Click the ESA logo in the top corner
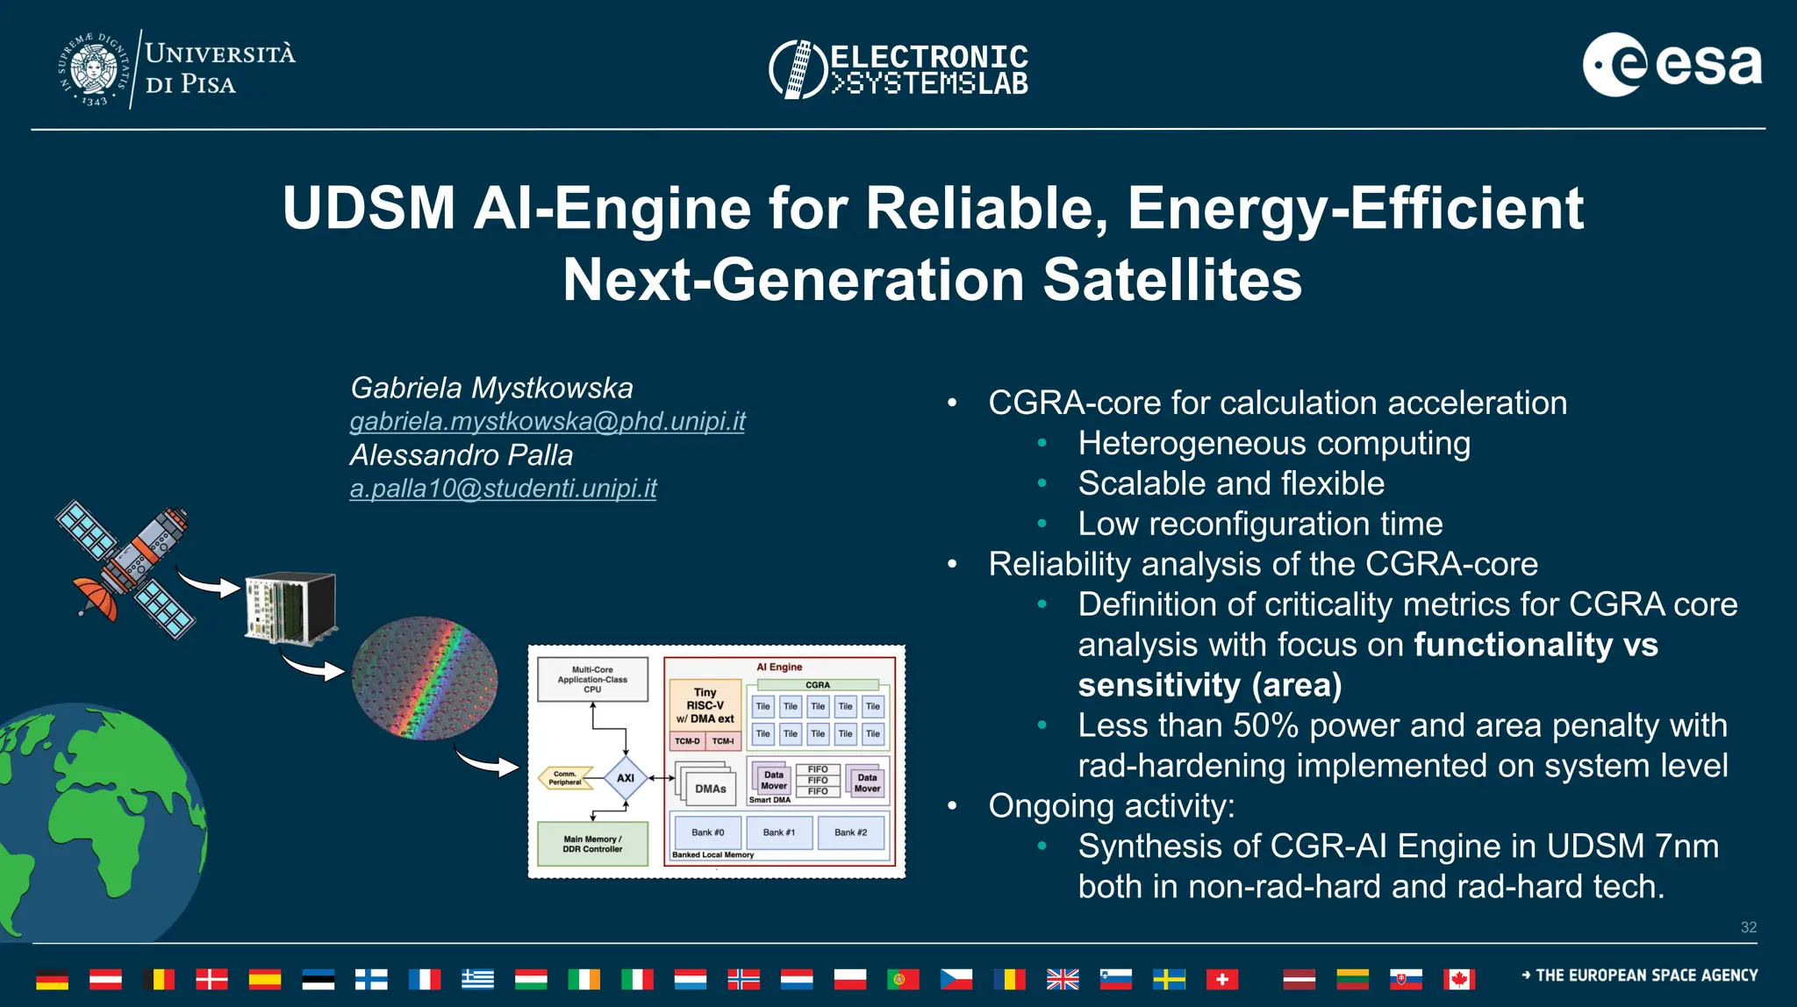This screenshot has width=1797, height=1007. point(1672,65)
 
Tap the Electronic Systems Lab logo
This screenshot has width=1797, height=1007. point(898,69)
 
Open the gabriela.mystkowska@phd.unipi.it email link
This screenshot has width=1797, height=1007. point(547,422)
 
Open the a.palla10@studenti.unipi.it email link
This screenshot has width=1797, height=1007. point(503,489)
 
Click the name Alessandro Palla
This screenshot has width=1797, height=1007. point(461,455)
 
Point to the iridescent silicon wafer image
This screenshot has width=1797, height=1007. point(425,678)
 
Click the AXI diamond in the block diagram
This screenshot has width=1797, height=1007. point(625,778)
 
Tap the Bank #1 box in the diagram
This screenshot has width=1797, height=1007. point(778,832)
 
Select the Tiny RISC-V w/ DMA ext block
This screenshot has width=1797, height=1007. point(705,705)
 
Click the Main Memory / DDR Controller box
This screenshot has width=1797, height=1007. point(592,844)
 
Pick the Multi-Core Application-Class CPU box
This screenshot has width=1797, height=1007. point(592,680)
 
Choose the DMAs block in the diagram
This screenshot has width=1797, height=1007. point(710,789)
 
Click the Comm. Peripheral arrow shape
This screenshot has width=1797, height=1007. point(565,778)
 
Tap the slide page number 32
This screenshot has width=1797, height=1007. point(1748,927)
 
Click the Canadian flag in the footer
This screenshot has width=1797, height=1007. point(1458,979)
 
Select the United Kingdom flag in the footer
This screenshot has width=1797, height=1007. point(1062,979)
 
